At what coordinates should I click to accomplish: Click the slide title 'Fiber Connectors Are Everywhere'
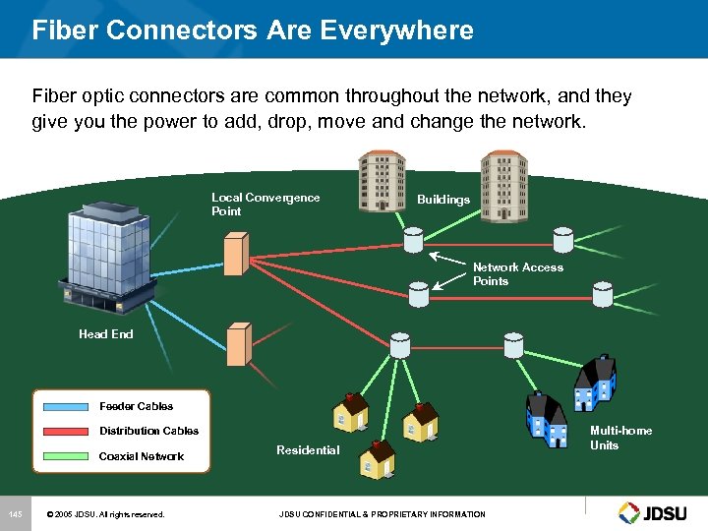(x=253, y=29)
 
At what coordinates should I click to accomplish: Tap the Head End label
(x=106, y=334)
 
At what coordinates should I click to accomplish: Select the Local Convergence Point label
(x=265, y=204)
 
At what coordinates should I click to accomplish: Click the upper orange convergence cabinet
(x=235, y=254)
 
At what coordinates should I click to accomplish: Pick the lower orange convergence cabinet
(x=238, y=345)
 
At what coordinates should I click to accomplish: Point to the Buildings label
(x=443, y=200)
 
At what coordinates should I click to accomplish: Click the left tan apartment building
(x=381, y=181)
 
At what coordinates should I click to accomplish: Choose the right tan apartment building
(x=502, y=181)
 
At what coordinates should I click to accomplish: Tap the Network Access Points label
(x=517, y=274)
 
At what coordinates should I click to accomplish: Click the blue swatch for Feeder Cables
(x=67, y=406)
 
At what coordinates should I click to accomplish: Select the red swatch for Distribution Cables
(x=67, y=431)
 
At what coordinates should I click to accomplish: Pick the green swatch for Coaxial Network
(x=67, y=456)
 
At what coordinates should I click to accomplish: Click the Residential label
(x=308, y=450)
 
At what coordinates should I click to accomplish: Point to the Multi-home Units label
(x=620, y=438)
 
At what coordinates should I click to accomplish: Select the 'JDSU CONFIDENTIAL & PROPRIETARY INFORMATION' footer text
(x=382, y=514)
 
